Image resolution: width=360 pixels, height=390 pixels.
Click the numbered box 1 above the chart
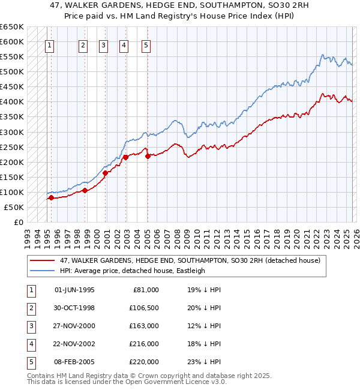(49, 44)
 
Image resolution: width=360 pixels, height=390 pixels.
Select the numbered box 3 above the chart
(103, 44)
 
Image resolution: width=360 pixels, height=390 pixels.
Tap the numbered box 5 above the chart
(146, 44)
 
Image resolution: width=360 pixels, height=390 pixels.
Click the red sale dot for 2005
(148, 156)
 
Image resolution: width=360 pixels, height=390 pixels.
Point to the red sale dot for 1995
(52, 197)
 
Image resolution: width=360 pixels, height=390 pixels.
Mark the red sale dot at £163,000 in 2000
(106, 173)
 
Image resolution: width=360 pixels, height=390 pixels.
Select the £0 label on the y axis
(18, 222)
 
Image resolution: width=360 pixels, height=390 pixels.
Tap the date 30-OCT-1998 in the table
(74, 307)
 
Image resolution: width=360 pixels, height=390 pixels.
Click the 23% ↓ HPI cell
(204, 361)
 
